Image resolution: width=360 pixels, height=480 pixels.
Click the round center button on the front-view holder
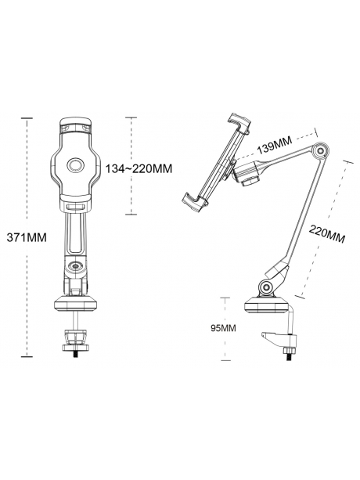click(76, 165)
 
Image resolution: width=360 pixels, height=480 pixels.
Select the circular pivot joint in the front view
click(76, 268)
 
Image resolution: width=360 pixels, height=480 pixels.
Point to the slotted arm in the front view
click(76, 231)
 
